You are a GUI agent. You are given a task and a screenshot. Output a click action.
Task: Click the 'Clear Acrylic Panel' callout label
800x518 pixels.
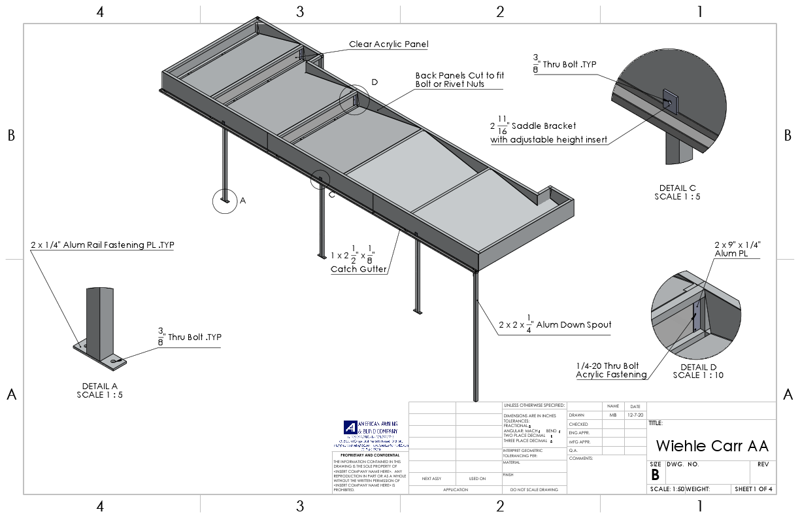tap(388, 44)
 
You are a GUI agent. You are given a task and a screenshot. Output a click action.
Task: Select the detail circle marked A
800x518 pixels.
tap(225, 201)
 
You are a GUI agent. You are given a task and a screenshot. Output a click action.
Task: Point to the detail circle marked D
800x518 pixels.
tap(354, 100)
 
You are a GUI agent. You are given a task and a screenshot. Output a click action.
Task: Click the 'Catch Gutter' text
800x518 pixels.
tap(358, 269)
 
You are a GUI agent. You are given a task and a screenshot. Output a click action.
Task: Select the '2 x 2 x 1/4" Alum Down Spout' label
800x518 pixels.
tap(554, 324)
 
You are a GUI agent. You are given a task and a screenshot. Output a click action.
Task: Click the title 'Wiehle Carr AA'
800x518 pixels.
tap(712, 446)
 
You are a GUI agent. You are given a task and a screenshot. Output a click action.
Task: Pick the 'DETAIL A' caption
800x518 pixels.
tap(100, 386)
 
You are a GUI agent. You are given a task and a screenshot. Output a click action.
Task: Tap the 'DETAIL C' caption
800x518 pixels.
tap(677, 188)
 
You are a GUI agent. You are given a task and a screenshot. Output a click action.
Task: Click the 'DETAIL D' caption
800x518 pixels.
tap(698, 367)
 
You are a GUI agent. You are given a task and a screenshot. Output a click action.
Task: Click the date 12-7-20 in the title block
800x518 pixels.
tap(635, 415)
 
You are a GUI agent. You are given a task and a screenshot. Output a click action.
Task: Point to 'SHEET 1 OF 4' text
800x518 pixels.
tap(753, 489)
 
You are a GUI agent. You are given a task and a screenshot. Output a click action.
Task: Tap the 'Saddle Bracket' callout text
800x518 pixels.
tap(544, 125)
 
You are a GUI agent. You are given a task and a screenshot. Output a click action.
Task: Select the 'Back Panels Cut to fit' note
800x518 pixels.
tap(459, 76)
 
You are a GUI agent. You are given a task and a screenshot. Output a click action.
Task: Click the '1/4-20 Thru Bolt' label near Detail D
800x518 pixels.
tap(607, 366)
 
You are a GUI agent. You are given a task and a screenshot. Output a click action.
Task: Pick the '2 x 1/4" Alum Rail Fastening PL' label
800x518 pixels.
tap(102, 245)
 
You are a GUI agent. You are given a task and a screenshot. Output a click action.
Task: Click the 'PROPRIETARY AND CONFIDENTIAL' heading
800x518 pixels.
tap(370, 455)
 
